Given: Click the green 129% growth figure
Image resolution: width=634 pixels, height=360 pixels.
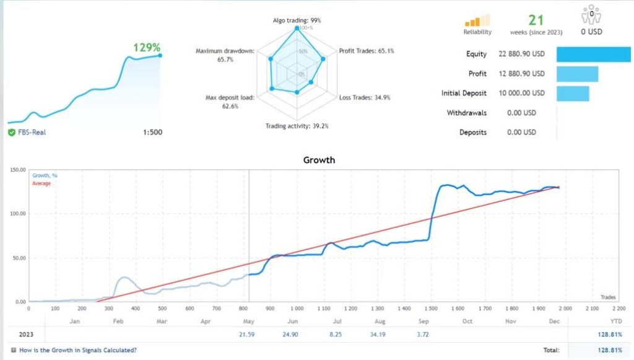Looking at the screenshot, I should (147, 47).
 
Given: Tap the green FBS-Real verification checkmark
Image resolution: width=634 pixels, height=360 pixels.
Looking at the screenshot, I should (12, 132).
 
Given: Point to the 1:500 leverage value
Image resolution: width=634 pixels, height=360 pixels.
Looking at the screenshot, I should (152, 132).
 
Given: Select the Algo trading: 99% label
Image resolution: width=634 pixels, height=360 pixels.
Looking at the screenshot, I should (297, 20).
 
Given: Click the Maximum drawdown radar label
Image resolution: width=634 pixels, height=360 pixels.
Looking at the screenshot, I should (225, 55).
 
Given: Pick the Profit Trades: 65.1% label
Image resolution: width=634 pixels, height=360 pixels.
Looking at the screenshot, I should (367, 51).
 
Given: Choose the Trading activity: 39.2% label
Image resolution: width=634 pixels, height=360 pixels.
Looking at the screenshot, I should (297, 126).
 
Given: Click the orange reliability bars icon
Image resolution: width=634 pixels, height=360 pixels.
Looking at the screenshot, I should (477, 20).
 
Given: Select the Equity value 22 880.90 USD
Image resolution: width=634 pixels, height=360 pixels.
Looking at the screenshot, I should (521, 54).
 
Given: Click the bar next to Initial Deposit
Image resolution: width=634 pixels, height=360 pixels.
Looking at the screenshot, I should (573, 94).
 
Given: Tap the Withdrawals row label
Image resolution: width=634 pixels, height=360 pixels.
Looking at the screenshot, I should (467, 113).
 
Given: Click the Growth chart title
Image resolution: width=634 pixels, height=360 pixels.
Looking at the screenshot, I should (319, 160).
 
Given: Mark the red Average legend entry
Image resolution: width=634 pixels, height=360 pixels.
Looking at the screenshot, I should (41, 183).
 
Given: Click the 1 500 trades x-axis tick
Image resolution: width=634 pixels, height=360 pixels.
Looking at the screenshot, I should (431, 308).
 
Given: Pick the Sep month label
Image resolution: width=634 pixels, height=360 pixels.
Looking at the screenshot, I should (423, 321).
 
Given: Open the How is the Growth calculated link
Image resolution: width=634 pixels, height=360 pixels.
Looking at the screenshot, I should (78, 351).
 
